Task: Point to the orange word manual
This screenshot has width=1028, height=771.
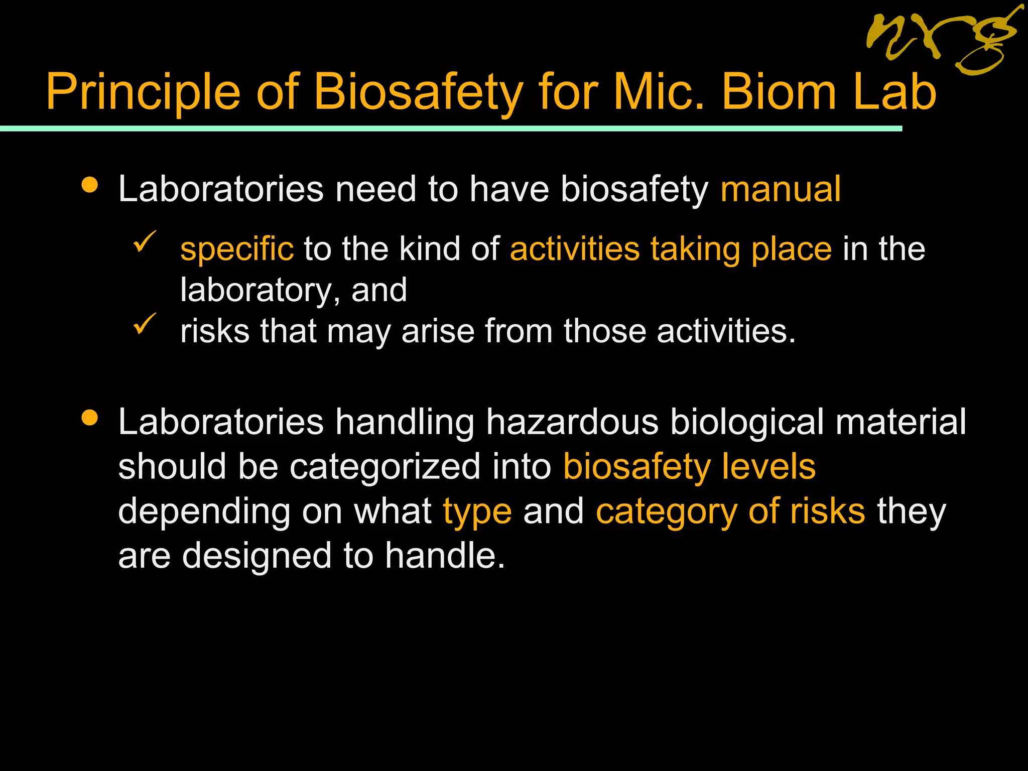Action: coord(781,189)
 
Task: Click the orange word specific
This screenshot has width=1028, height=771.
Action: coord(237,249)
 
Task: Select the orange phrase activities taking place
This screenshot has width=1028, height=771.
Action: coord(671,249)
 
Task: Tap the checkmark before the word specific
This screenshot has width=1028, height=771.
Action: coord(145,241)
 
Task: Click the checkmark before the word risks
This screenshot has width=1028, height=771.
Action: coord(145,324)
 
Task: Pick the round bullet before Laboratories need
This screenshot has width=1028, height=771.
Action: coord(90,185)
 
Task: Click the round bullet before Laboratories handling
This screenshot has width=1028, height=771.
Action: coord(90,418)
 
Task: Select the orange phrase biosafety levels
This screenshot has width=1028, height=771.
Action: coord(689,466)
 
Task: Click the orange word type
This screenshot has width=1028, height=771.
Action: coord(477,511)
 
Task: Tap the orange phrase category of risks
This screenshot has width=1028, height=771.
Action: coord(730,511)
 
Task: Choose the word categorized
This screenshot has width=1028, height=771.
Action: coord(385,466)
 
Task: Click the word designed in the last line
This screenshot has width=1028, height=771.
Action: coord(256,556)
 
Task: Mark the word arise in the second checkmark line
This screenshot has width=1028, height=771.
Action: coord(438,331)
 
